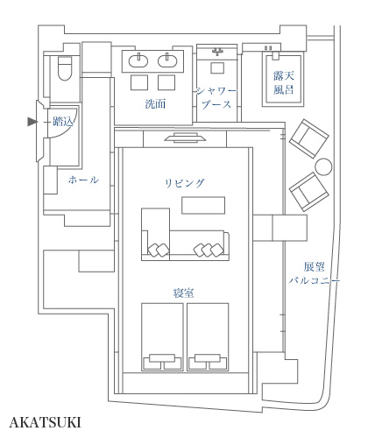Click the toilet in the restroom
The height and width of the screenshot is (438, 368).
pyautogui.click(x=65, y=68)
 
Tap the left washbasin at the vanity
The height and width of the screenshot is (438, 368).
pyautogui.click(x=138, y=60)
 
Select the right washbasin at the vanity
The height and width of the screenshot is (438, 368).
pyautogui.click(x=167, y=60)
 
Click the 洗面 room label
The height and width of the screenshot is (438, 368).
pyautogui.click(x=155, y=104)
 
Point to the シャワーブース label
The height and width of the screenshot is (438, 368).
pyautogui.click(x=216, y=98)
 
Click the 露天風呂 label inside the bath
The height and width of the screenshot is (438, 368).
pyautogui.click(x=283, y=82)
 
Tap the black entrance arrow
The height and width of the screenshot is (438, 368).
pyautogui.click(x=32, y=122)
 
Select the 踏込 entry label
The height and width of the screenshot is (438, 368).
pyautogui.click(x=63, y=122)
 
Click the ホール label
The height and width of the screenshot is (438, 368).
pyautogui.click(x=83, y=180)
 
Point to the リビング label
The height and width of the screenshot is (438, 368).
pyautogui.click(x=185, y=183)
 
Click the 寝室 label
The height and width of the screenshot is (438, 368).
pyautogui.click(x=183, y=293)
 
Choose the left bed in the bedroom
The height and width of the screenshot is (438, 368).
pyautogui.click(x=162, y=337)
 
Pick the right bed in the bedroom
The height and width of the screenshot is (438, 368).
pyautogui.click(x=208, y=337)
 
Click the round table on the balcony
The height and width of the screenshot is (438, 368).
pyautogui.click(x=323, y=166)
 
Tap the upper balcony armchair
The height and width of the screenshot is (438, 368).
pyautogui.click(x=309, y=138)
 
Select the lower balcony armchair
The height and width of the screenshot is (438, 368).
pyautogui.click(x=309, y=192)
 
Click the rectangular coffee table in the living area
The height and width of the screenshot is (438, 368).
pyautogui.click(x=203, y=206)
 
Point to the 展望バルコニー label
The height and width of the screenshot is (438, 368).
pyautogui.click(x=315, y=273)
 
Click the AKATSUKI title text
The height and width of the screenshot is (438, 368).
pyautogui.click(x=45, y=422)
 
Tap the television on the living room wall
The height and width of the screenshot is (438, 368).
pyautogui.click(x=185, y=138)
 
